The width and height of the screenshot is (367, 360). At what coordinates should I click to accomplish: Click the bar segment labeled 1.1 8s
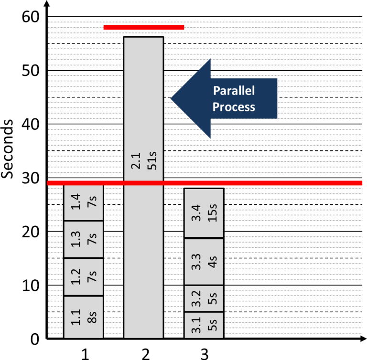(x=83, y=317)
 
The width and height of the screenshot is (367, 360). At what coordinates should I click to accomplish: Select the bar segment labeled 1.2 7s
(x=83, y=277)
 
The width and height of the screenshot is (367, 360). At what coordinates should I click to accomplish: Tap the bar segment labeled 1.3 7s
(x=83, y=239)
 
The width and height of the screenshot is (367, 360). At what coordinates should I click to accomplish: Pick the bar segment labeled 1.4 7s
(x=83, y=203)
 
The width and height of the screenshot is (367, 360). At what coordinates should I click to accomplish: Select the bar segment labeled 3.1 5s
(x=204, y=325)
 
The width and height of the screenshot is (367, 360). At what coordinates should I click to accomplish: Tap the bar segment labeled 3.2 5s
(x=204, y=298)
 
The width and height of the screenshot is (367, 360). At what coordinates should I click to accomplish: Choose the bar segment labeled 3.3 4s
(x=204, y=262)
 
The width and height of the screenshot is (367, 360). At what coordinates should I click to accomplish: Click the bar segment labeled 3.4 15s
(x=204, y=213)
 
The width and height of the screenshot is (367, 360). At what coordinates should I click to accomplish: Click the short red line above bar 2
(x=144, y=27)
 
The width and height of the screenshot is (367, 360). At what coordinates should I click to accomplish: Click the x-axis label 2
(x=145, y=353)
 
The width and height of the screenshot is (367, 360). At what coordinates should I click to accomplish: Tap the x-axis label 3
(x=204, y=353)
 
